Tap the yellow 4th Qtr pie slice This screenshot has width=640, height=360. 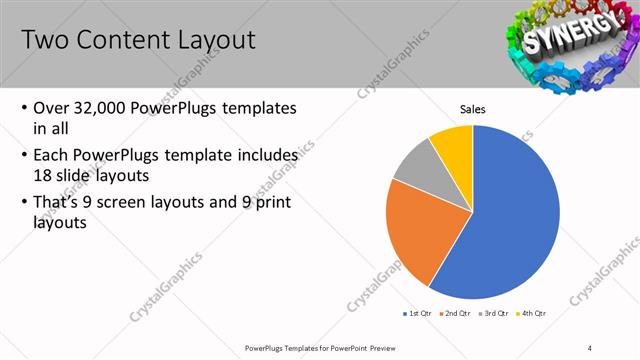click(453, 143)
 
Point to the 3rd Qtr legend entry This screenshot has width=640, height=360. click(494, 313)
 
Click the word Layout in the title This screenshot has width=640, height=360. click(206, 40)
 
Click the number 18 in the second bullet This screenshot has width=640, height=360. click(44, 174)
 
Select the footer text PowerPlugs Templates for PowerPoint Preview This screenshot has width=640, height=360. click(319, 348)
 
